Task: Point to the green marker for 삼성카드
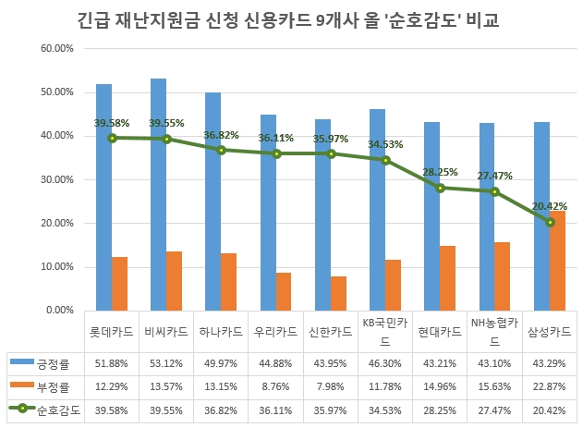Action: click(551, 222)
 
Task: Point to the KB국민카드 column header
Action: click(387, 330)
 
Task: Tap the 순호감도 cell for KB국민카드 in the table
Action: click(387, 408)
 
